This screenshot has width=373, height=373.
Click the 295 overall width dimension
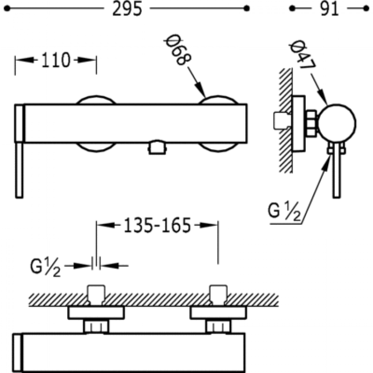point(127,9)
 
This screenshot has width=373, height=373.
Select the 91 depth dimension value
point(329,9)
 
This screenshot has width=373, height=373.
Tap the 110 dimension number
point(56,60)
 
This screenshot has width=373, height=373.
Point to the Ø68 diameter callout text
point(178,50)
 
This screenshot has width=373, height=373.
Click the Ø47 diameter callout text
point(302,55)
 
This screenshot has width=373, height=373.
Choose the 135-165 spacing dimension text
point(157,225)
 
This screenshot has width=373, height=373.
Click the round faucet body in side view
point(337,123)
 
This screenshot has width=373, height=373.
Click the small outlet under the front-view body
point(157,148)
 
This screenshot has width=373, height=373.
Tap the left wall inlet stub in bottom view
point(96,295)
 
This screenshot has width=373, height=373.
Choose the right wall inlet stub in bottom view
point(218,295)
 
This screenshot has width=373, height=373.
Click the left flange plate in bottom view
point(96,313)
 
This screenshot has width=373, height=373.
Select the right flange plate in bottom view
point(218,313)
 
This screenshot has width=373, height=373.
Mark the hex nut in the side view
point(311,123)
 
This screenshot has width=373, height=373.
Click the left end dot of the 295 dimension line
point(7,8)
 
